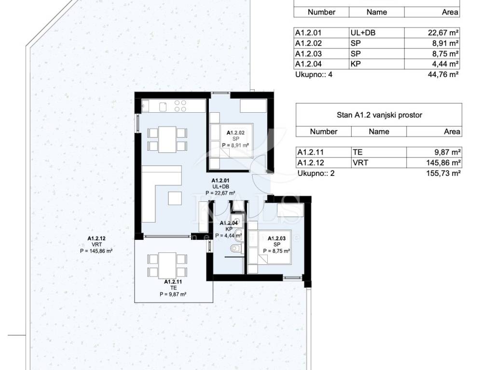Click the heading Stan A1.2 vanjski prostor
click(379, 115)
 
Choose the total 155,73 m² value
click(444, 173)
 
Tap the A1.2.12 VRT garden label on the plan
click(96, 245)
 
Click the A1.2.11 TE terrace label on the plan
click(173, 288)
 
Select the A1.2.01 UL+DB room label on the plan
click(220, 187)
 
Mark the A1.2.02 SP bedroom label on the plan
click(235, 139)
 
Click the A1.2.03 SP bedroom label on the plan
click(276, 244)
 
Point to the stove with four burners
click(180, 106)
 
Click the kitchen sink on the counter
click(163, 107)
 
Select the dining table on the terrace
click(167, 266)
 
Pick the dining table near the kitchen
click(167, 139)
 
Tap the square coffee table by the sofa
click(175, 198)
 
